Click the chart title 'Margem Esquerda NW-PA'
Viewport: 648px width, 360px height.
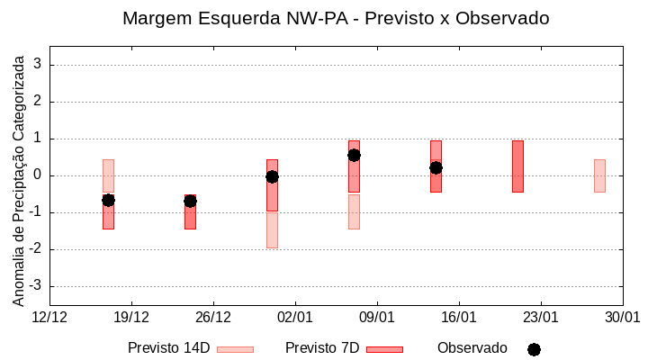click(336, 18)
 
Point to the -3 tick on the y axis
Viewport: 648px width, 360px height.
click(37, 286)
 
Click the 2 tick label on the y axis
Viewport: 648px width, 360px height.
click(39, 102)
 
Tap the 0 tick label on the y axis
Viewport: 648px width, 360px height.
click(39, 175)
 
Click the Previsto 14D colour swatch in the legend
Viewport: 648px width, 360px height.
click(235, 349)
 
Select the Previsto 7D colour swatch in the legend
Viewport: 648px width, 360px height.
click(384, 349)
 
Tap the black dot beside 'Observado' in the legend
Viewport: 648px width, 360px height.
click(534, 349)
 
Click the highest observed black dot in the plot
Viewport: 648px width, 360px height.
click(354, 155)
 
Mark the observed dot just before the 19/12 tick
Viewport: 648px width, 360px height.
click(108, 200)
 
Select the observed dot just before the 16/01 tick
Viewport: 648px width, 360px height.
click(436, 167)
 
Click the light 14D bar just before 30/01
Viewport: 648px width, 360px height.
click(599, 175)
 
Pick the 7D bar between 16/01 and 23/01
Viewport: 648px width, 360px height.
click(517, 166)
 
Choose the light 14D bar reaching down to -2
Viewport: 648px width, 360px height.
click(272, 229)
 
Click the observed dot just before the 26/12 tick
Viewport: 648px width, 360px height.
click(190, 201)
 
